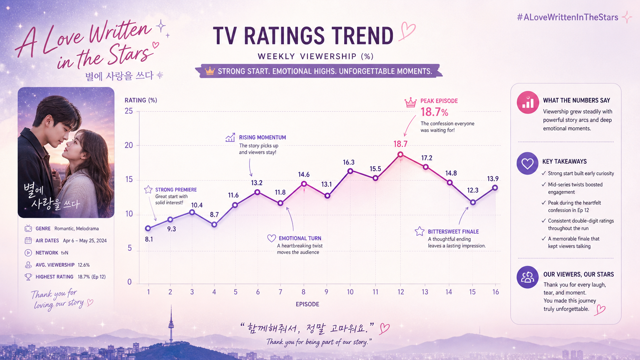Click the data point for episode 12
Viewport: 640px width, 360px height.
click(400, 155)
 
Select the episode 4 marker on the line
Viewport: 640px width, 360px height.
click(214, 225)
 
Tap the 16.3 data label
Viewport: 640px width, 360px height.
click(349, 162)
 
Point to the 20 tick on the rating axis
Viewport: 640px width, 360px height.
click(129, 145)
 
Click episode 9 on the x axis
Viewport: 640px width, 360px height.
click(326, 292)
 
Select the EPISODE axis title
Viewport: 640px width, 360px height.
click(307, 304)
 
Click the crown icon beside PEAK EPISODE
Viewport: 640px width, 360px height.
click(410, 102)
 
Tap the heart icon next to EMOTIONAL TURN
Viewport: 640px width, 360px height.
click(271, 238)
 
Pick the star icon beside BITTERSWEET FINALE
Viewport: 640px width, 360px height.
click(420, 231)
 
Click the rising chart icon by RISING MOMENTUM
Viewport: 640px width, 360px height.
click(230, 137)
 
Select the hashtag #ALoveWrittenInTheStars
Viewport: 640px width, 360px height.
click(567, 17)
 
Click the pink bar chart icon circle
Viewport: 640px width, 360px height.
click(528, 102)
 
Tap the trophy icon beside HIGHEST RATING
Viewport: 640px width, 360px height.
click(28, 277)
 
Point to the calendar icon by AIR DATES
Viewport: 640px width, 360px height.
click(28, 240)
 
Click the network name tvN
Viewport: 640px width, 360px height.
click(65, 253)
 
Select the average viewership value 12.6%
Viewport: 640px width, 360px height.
click(84, 265)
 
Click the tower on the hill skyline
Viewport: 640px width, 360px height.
click(171, 324)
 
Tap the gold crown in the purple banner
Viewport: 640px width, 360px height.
click(210, 70)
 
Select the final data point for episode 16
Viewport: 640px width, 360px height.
click(495, 188)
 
